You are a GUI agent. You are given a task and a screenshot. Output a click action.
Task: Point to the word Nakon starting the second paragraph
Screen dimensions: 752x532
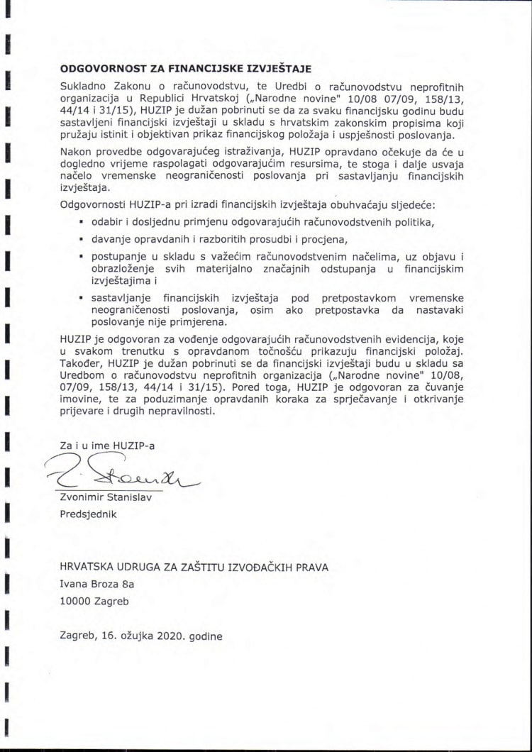(x=76, y=152)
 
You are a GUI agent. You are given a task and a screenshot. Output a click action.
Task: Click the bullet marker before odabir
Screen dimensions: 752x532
(x=82, y=223)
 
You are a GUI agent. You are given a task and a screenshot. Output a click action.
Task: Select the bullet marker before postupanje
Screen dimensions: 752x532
(x=82, y=256)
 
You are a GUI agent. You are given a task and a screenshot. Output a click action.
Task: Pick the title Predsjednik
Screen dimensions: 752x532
(x=87, y=514)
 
